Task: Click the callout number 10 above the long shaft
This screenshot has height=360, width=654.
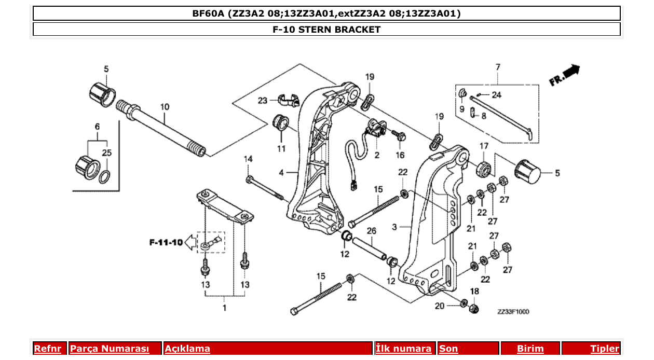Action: (x=165, y=107)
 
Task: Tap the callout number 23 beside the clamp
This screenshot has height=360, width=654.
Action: (x=263, y=100)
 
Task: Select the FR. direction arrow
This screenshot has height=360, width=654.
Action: (x=564, y=75)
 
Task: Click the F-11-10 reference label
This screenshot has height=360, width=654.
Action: (x=166, y=242)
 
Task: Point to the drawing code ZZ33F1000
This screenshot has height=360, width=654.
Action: (x=513, y=312)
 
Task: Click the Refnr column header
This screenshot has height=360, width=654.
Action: (x=47, y=349)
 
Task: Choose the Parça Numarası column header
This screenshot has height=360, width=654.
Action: (x=110, y=349)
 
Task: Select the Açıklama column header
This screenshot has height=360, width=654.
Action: (x=187, y=349)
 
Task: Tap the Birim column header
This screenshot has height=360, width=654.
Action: (x=530, y=349)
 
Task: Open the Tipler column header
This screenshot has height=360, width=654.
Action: (x=605, y=349)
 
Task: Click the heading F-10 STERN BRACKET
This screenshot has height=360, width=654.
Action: (x=326, y=30)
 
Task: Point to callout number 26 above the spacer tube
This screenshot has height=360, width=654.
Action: (x=371, y=230)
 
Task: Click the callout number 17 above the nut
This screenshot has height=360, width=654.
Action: (x=484, y=146)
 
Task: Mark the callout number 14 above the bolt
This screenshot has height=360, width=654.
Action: (x=249, y=159)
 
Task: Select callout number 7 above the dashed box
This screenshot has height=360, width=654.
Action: (x=498, y=67)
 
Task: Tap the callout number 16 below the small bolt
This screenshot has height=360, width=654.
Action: (x=400, y=155)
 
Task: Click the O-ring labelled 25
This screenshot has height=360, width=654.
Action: (x=104, y=177)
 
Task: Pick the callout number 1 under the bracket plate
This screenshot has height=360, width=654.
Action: (x=224, y=308)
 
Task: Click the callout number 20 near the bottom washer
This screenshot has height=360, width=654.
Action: (x=440, y=306)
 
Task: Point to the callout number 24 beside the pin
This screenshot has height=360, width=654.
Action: (x=497, y=94)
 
